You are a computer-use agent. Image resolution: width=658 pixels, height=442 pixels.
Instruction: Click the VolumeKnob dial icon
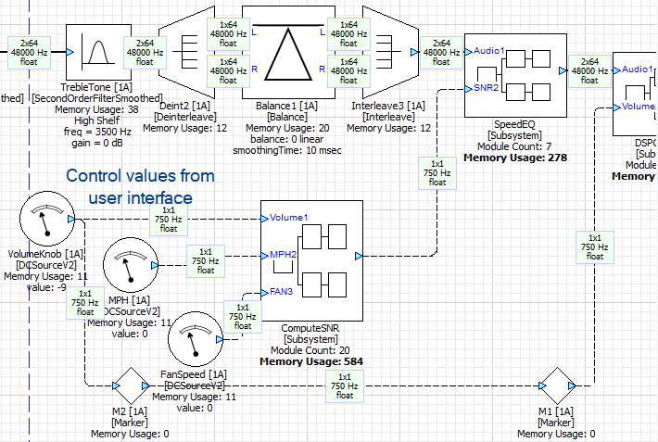(44, 220)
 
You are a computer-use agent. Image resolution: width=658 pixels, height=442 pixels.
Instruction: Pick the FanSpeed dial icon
(194, 342)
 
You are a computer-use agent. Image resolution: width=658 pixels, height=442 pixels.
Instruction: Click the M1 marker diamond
(558, 384)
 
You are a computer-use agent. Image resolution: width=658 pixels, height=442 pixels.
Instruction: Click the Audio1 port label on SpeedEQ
(489, 50)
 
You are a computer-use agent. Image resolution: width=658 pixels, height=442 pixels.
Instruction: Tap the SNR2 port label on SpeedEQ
(487, 88)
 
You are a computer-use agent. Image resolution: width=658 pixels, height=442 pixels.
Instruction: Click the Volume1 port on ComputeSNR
(289, 218)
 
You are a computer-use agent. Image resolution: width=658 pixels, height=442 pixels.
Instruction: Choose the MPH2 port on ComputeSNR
(283, 254)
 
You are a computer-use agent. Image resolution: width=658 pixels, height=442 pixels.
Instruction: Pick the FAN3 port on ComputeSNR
(282, 292)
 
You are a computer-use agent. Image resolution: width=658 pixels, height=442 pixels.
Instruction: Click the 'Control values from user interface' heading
(140, 186)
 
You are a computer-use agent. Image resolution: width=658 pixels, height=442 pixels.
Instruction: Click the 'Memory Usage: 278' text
(515, 158)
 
